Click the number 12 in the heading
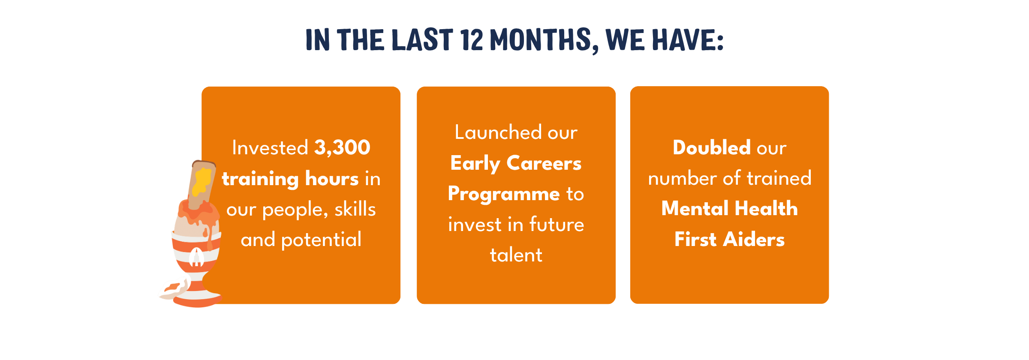472,40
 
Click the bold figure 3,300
342,148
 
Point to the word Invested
270,148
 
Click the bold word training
260,179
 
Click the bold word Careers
544,163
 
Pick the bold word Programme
504,195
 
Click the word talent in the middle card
516,255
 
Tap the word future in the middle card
557,224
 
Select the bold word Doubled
712,148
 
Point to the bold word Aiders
754,240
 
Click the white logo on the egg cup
197,257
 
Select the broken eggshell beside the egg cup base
175,289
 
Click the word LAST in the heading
422,40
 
